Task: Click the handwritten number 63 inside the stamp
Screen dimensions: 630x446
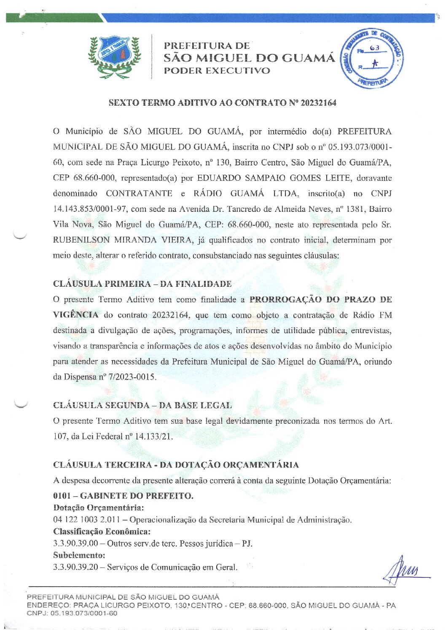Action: pos(374,48)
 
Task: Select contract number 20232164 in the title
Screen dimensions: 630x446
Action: pos(318,103)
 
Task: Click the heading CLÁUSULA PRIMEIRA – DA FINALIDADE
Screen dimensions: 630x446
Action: pos(142,284)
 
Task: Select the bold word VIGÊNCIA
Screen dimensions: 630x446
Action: pos(76,315)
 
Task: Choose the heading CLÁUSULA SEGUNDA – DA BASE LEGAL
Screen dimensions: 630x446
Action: pos(142,406)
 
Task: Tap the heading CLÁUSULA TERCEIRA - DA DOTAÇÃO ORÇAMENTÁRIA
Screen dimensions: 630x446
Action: pos(176,465)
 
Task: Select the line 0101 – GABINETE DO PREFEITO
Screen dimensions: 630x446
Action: pos(123,496)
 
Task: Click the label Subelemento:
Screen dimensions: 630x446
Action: pos(79,555)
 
